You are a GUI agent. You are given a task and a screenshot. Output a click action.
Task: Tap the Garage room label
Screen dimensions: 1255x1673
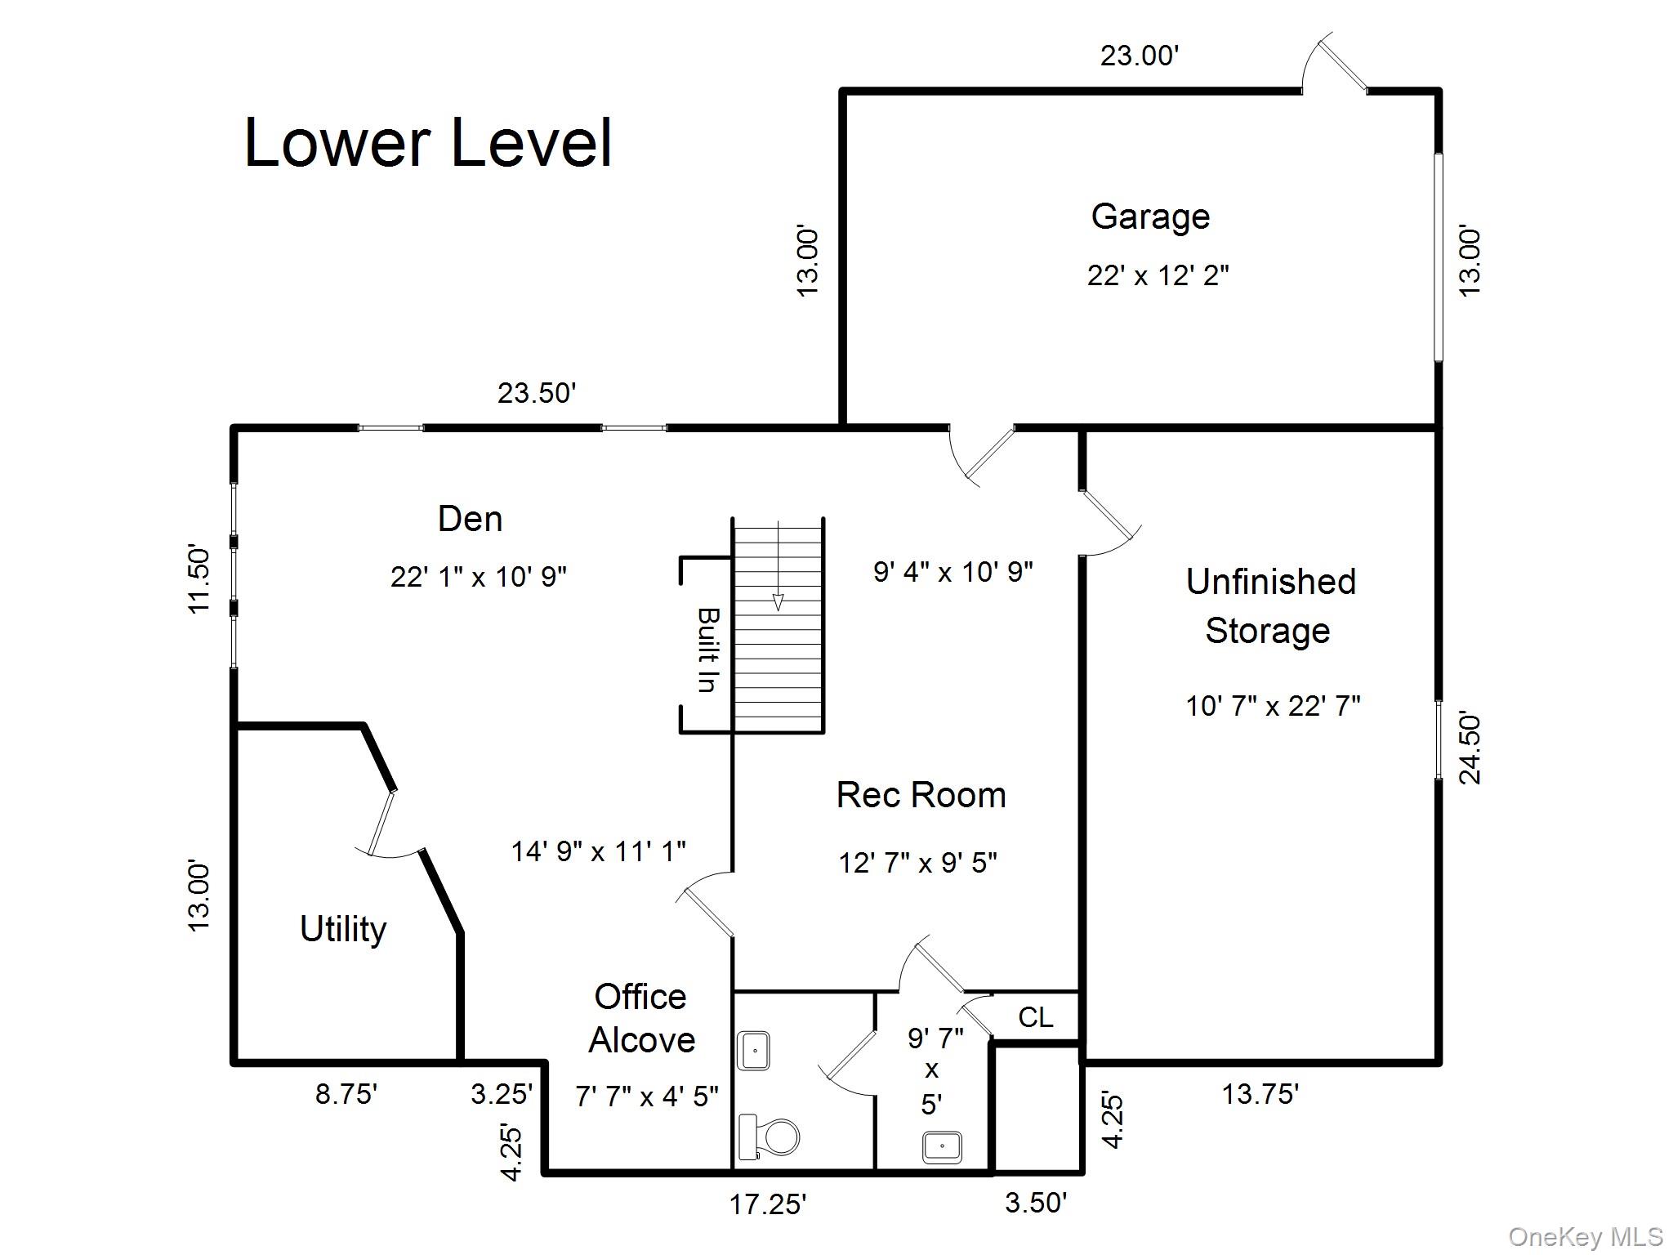(1150, 217)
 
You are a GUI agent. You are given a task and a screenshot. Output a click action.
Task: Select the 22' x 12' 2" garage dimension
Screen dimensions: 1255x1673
(1158, 275)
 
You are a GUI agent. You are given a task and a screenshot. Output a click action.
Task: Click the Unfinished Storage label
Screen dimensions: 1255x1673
(1270, 605)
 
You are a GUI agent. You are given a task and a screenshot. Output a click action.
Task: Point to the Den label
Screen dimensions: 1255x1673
(470, 519)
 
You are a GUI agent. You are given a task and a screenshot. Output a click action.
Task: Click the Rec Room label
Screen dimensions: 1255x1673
(921, 795)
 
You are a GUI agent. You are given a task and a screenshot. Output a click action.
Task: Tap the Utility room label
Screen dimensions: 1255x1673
(343, 929)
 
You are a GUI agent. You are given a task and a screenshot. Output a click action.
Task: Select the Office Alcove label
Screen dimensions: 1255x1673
(641, 1018)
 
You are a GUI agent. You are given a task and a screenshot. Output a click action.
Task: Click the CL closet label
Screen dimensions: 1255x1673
(1036, 1017)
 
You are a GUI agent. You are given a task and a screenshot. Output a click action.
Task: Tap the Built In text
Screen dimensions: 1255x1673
(707, 650)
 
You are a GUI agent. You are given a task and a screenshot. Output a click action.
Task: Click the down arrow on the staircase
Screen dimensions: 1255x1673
(779, 601)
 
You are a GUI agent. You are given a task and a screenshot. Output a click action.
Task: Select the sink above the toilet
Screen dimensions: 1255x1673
(754, 1051)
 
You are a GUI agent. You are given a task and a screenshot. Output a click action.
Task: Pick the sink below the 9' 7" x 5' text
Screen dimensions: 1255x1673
(942, 1146)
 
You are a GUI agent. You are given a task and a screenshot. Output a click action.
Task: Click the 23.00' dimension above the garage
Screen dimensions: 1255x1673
(1140, 56)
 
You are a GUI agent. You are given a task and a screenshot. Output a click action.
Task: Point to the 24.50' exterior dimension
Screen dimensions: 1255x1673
(1470, 748)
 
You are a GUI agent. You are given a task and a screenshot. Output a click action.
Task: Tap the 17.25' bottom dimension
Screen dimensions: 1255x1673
(768, 1204)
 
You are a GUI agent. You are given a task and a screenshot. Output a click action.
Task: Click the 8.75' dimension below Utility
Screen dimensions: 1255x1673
(346, 1093)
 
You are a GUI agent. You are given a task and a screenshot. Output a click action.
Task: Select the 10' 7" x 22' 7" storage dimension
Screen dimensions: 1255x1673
(1273, 705)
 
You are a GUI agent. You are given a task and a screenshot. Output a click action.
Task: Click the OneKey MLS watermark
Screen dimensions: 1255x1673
(1585, 1237)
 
